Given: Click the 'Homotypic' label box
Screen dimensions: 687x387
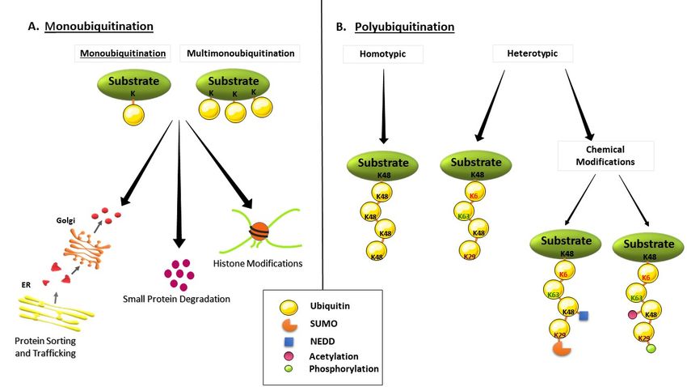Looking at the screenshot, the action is pyautogui.click(x=383, y=54).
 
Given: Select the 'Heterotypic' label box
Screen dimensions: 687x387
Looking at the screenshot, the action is pyautogui.click(x=533, y=53).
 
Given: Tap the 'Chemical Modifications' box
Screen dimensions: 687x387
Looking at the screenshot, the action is pyautogui.click(x=605, y=155).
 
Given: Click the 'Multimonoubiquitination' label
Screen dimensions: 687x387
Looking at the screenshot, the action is pyautogui.click(x=240, y=53).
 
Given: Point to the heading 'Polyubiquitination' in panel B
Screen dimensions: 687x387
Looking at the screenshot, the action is pyautogui.click(x=404, y=27).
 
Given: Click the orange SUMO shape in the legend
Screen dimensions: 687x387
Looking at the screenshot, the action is pyautogui.click(x=289, y=325).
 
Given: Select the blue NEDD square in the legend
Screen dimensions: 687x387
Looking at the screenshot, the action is pyautogui.click(x=289, y=342).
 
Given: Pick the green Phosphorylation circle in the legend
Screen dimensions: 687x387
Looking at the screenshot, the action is pyautogui.click(x=289, y=368).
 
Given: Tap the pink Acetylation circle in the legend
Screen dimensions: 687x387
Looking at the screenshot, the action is pyautogui.click(x=289, y=356).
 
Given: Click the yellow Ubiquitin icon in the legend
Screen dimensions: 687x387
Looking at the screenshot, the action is pyautogui.click(x=289, y=307).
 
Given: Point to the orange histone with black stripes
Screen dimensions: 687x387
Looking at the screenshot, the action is pyautogui.click(x=259, y=232).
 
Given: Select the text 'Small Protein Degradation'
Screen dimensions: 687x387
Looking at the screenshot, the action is pyautogui.click(x=176, y=299).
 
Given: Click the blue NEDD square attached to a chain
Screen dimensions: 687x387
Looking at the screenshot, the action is pyautogui.click(x=584, y=316).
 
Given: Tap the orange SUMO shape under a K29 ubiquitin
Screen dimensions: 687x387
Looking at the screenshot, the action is pyautogui.click(x=562, y=348).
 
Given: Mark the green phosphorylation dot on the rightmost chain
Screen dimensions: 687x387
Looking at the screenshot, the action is pyautogui.click(x=651, y=348).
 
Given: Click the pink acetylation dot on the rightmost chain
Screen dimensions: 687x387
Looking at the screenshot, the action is pyautogui.click(x=632, y=314).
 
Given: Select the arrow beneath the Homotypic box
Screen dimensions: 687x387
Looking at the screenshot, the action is pyautogui.click(x=383, y=106).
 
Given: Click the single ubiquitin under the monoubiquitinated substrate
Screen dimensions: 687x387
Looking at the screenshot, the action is pyautogui.click(x=133, y=114).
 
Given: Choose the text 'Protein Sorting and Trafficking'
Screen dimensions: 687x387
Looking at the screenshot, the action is pyautogui.click(x=45, y=347).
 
